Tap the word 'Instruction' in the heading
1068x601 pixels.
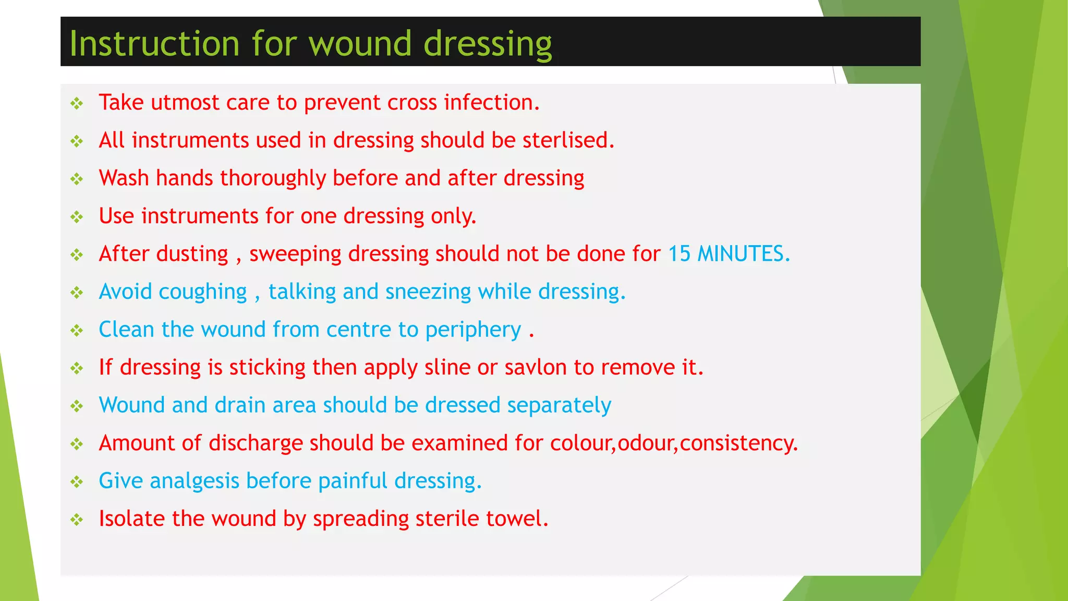point(154,43)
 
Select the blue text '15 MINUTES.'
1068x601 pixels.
point(729,254)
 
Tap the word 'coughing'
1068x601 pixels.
point(202,292)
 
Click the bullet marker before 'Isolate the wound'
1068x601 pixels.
point(77,520)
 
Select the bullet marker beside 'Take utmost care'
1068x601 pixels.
point(77,103)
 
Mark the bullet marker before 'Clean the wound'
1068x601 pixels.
point(77,330)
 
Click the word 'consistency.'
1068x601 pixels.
point(739,443)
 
